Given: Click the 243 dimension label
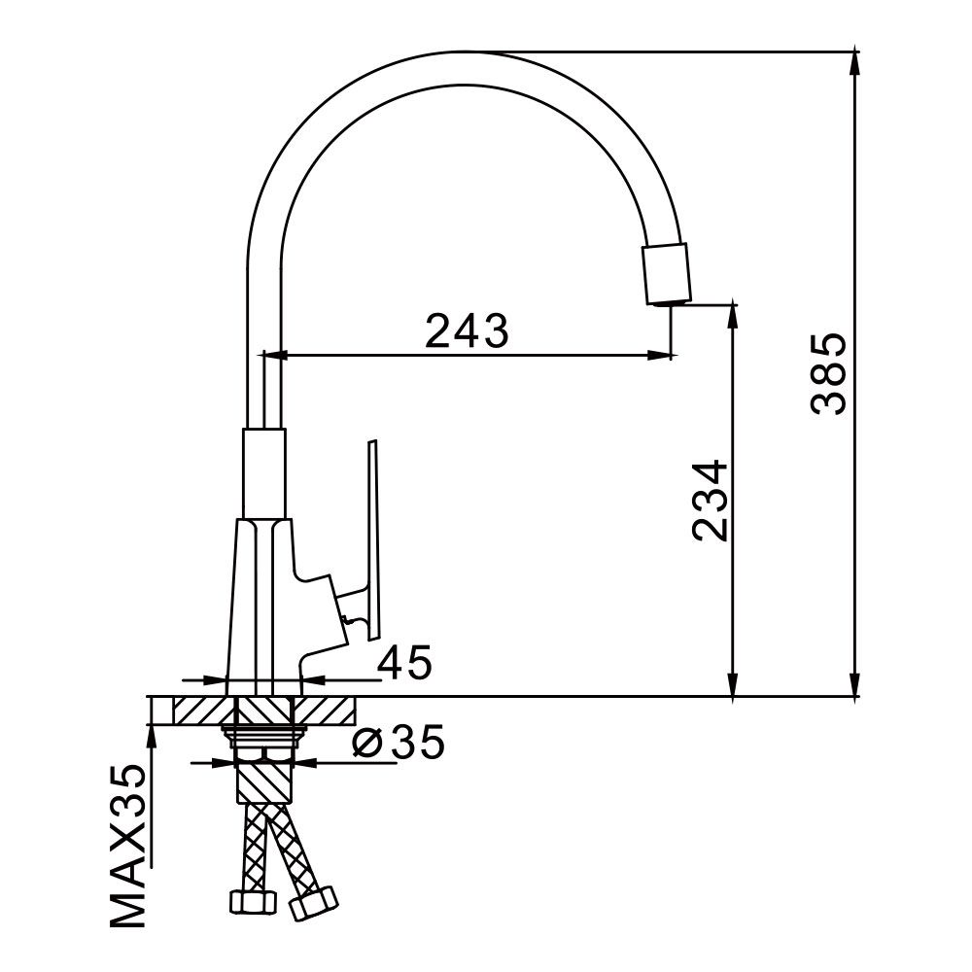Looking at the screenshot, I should coord(467,332).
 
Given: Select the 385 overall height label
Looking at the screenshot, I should coord(829,374).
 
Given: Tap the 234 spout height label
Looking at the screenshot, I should coord(711,500).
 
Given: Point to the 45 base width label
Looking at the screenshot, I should coord(404,665).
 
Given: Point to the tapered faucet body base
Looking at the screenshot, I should coord(260,603).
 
